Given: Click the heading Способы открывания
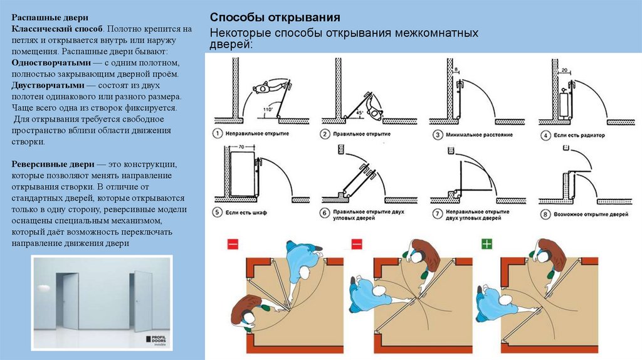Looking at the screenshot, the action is pos(275,16).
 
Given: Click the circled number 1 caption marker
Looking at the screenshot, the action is pos(216,134).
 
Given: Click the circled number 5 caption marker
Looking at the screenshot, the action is pos(216,213).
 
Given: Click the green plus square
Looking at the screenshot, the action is pos(487,243).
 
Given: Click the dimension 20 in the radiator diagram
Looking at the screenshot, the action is pos(566,70).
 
